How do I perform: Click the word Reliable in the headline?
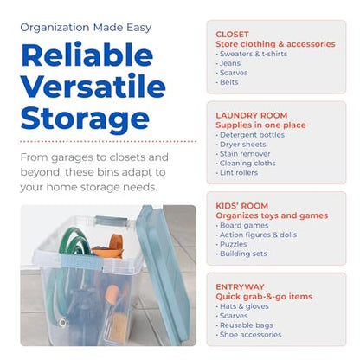87,55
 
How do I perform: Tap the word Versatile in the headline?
93,86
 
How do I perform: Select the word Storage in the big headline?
85,119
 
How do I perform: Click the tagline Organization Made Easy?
86,28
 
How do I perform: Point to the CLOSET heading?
232,35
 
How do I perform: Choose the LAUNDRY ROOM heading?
252,115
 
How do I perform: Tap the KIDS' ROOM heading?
242,206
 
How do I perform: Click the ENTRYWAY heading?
240,287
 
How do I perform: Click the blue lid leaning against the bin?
163,271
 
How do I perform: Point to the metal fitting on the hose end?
62,322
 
